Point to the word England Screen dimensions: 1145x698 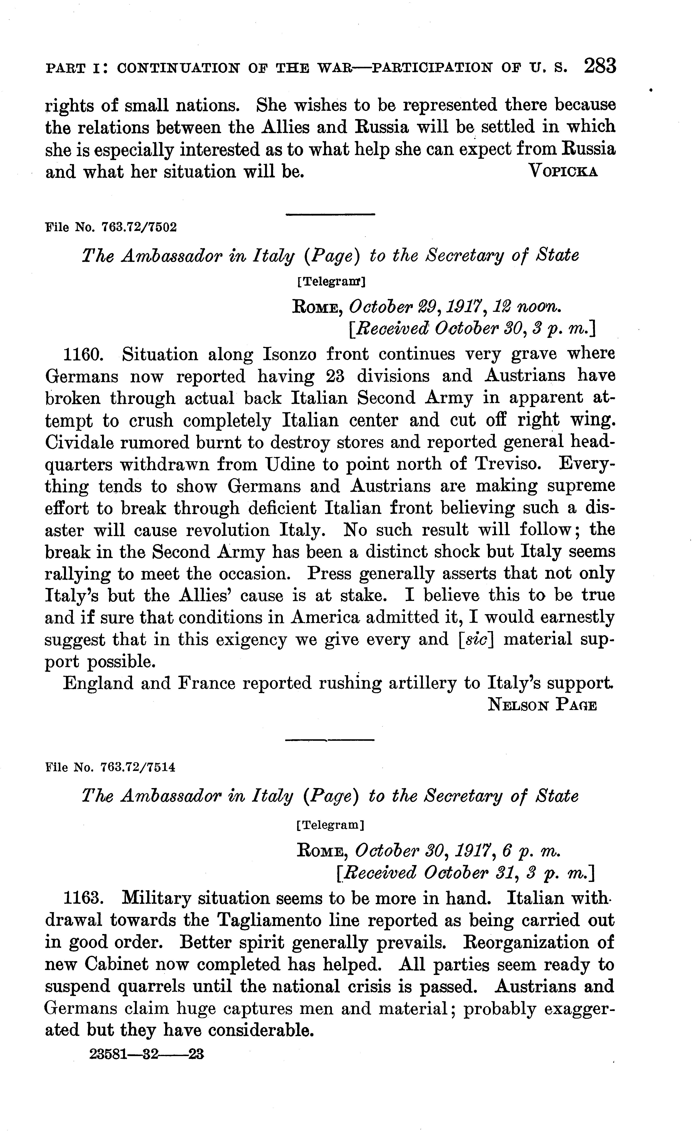[x=96, y=684]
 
